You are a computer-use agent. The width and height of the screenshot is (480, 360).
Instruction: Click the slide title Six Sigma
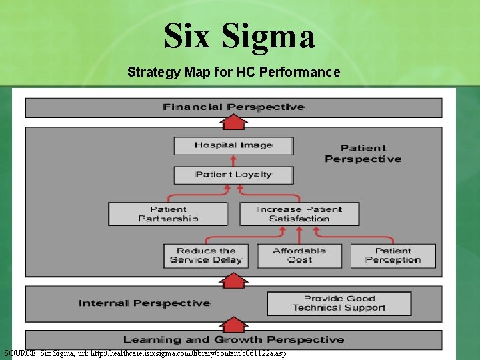pyautogui.click(x=239, y=36)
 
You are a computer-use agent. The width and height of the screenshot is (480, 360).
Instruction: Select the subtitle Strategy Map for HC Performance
pyautogui.click(x=233, y=72)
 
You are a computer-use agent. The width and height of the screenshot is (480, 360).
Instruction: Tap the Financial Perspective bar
pyautogui.click(x=233, y=107)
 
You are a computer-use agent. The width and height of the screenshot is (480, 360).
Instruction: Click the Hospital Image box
pyautogui.click(x=233, y=145)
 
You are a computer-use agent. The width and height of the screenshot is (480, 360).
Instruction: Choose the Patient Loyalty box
pyautogui.click(x=233, y=175)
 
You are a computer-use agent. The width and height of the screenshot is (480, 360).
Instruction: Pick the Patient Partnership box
pyautogui.click(x=168, y=214)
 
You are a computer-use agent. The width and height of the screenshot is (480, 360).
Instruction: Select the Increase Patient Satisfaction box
pyautogui.click(x=299, y=214)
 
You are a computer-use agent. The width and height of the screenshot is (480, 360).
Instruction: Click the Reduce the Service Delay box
pyautogui.click(x=206, y=255)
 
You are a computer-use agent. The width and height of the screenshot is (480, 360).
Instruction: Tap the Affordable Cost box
pyautogui.click(x=299, y=255)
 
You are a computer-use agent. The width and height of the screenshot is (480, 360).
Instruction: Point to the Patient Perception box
pyautogui.click(x=393, y=255)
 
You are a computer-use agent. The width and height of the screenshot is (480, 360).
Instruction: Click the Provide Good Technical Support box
pyautogui.click(x=339, y=303)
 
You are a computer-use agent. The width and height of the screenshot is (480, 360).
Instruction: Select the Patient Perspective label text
pyautogui.click(x=363, y=153)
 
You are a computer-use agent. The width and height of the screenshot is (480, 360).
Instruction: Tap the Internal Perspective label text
pyautogui.click(x=144, y=303)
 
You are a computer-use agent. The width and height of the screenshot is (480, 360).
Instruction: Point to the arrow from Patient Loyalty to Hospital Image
pyautogui.click(x=233, y=160)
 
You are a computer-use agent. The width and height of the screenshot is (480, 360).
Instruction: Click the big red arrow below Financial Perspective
pyautogui.click(x=233, y=122)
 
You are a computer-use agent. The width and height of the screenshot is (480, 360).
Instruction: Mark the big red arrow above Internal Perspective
pyautogui.click(x=233, y=281)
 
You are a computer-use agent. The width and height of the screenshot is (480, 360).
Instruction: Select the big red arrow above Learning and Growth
pyautogui.click(x=233, y=325)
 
